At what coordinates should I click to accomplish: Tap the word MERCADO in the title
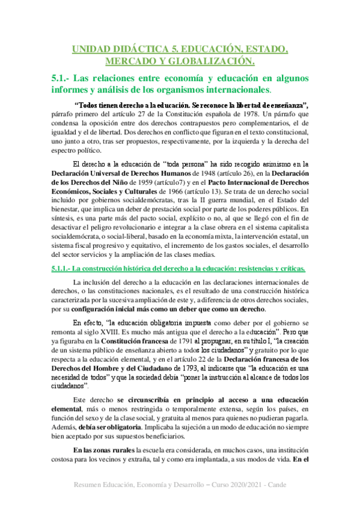tap(130, 61)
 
